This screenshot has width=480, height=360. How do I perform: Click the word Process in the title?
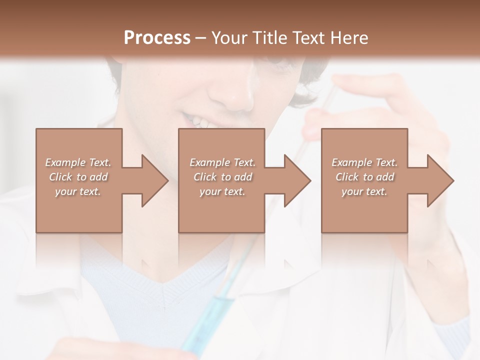[157, 38]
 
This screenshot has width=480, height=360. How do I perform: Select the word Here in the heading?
[348, 38]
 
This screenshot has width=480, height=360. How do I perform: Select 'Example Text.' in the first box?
[78, 162]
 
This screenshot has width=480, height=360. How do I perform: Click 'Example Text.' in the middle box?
[222, 162]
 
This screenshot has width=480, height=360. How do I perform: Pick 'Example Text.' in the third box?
[364, 162]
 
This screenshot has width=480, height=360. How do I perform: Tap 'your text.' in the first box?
[78, 191]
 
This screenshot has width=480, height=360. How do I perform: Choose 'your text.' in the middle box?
[222, 191]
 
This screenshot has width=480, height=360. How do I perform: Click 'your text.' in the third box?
[364, 191]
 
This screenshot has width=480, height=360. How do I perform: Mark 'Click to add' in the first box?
[78, 177]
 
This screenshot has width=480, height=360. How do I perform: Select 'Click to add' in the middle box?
[222, 177]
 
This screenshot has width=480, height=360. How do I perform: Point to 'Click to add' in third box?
[364, 177]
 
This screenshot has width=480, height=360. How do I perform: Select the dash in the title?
[201, 38]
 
